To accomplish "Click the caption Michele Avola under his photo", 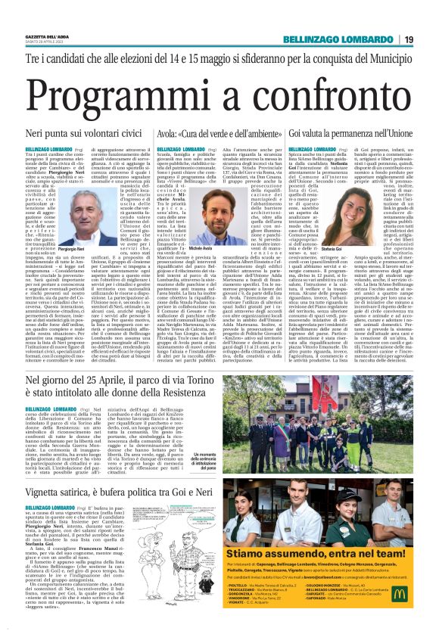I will pyautogui.click(x=201, y=249).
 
